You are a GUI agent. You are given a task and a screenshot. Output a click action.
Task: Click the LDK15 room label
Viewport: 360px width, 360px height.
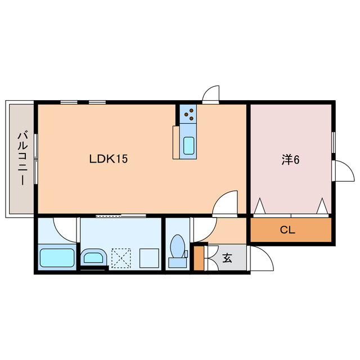point(109,159)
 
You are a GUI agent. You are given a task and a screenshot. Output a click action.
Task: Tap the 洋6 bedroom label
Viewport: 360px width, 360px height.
point(290,160)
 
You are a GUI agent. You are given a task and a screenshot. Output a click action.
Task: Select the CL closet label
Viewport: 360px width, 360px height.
point(287,230)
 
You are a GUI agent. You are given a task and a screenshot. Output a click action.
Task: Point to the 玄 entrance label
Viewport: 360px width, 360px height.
point(227,258)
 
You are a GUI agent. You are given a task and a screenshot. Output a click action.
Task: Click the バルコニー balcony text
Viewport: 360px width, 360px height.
point(22,158)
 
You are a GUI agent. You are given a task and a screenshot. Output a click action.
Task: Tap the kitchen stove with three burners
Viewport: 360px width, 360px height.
point(188,114)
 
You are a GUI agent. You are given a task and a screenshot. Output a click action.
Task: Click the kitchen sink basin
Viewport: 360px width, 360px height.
point(189,146)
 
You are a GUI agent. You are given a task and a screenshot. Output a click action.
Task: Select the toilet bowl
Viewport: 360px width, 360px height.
point(178,246)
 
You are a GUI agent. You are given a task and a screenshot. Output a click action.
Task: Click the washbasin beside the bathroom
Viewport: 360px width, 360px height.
point(93,257)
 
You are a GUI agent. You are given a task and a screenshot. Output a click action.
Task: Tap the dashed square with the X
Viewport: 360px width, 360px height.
point(121,258)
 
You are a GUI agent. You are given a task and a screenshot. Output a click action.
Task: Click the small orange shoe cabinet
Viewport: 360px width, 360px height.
point(199,258)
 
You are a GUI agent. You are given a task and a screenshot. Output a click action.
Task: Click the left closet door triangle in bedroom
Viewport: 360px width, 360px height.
point(260,206)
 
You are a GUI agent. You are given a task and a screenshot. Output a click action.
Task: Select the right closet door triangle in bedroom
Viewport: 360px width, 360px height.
point(322,206)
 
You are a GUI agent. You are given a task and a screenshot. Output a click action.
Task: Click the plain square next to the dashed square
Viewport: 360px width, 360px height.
point(149,258)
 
